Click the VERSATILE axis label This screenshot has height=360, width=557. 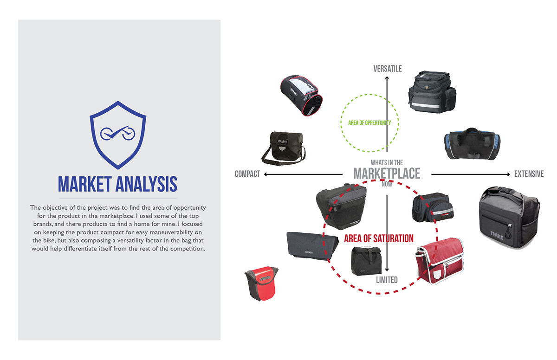pyautogui.click(x=388, y=69)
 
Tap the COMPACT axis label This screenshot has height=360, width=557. pyautogui.click(x=247, y=174)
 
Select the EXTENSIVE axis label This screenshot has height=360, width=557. pyautogui.click(x=529, y=174)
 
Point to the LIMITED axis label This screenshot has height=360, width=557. pyautogui.click(x=387, y=280)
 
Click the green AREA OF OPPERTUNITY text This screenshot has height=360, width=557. pyautogui.click(x=369, y=123)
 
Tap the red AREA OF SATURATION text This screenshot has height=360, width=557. pyautogui.click(x=379, y=238)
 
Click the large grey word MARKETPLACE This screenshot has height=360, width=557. pyautogui.click(x=387, y=174)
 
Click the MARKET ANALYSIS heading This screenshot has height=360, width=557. pyautogui.click(x=118, y=184)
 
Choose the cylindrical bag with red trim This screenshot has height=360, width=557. pyautogui.click(x=302, y=96)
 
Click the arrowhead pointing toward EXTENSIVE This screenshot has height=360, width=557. pyautogui.click(x=507, y=174)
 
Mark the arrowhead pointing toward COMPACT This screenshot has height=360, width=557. pyautogui.click(x=266, y=174)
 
